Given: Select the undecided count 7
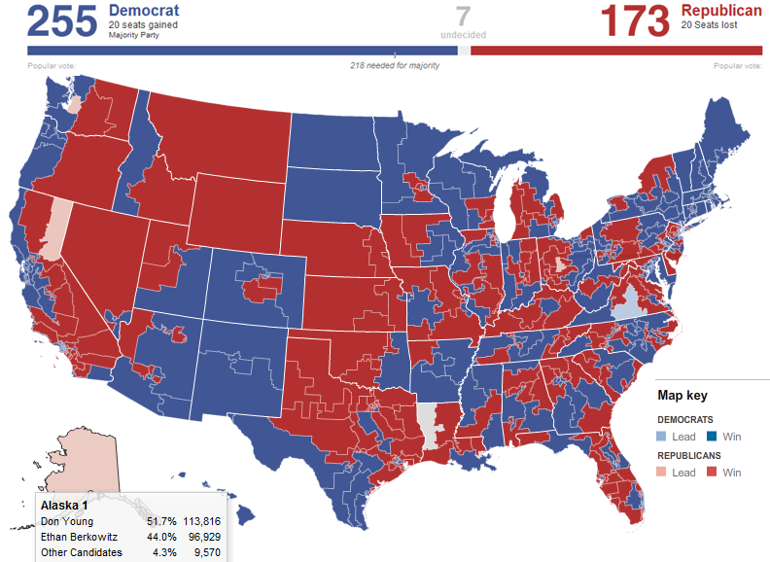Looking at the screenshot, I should (x=463, y=17).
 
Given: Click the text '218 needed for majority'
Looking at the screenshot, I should (x=395, y=65).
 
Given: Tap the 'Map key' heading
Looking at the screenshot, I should (x=682, y=396).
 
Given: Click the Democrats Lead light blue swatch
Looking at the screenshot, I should (x=664, y=437).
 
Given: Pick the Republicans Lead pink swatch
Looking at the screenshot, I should (x=664, y=473).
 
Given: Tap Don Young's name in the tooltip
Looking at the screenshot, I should (x=66, y=521).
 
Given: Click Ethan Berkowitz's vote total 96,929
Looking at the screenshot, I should (x=203, y=537).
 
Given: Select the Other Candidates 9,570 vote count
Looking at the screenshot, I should (x=208, y=552).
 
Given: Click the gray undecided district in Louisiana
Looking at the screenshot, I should (x=428, y=420).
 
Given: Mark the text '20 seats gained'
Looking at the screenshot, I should (x=143, y=25).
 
